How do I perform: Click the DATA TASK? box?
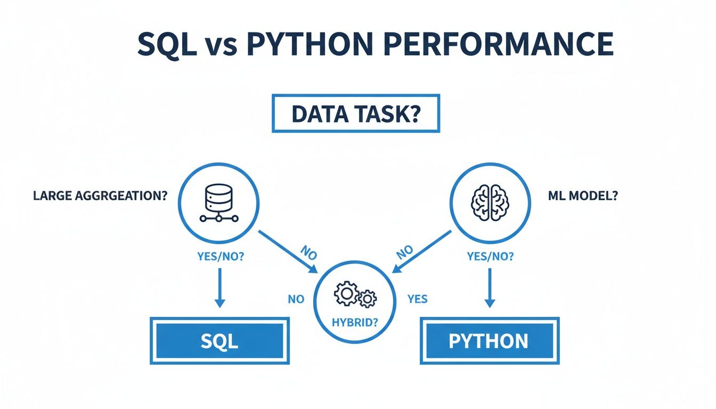(x=356, y=113)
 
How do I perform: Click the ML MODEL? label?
(x=582, y=196)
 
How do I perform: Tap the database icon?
(x=219, y=203)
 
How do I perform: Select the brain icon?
(x=491, y=203)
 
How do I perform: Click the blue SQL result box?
(x=219, y=341)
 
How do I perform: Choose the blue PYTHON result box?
(x=489, y=341)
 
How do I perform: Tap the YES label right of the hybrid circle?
(x=417, y=299)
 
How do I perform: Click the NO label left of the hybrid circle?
(x=296, y=299)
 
